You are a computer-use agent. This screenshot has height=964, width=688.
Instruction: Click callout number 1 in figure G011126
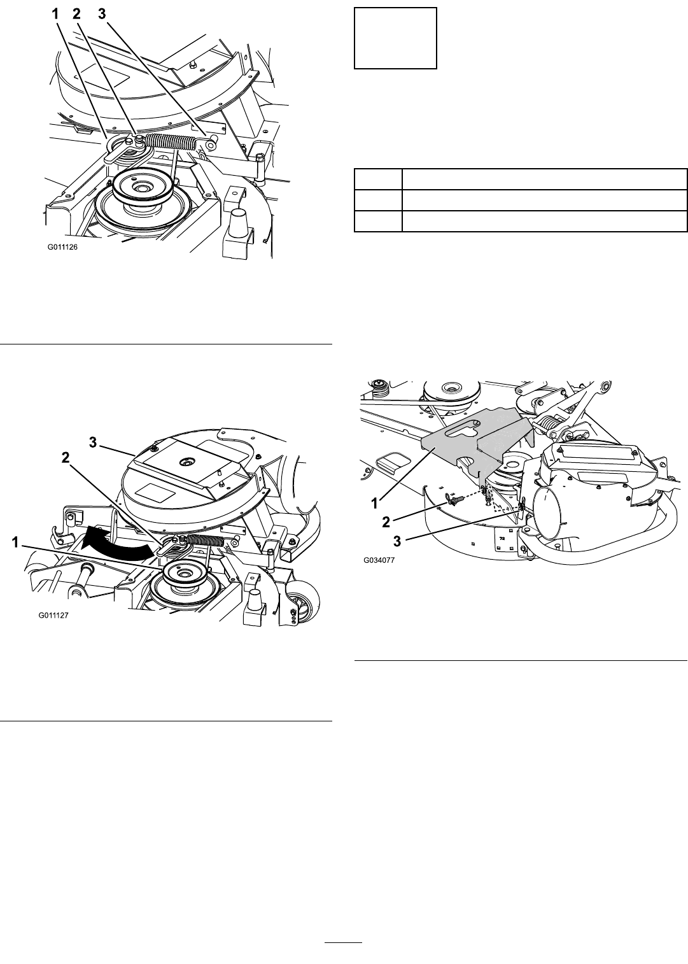(55, 14)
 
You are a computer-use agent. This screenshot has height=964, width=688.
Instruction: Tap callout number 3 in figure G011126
(102, 14)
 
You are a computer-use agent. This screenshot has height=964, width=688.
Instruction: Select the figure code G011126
(63, 248)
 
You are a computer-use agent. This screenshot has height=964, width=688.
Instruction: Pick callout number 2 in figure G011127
(66, 457)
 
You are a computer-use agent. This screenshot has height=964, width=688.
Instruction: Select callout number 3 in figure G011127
(93, 443)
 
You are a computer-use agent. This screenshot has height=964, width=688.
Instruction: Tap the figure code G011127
(54, 616)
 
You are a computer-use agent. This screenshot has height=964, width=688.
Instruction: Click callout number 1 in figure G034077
(375, 502)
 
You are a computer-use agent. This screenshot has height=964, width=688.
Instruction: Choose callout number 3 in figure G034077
(397, 541)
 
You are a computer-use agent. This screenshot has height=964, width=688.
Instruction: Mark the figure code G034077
(379, 560)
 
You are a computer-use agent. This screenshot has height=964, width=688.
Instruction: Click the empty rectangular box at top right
(395, 38)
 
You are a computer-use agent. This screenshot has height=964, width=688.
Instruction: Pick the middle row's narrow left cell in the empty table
(378, 200)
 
